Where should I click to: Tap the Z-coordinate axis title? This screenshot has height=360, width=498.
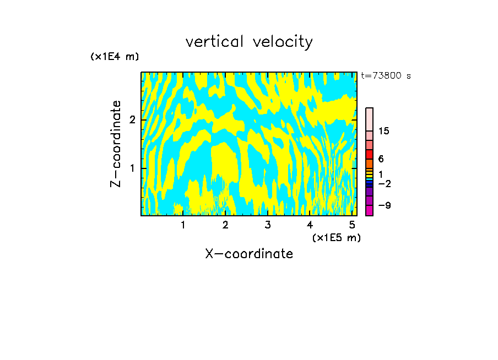click(116, 144)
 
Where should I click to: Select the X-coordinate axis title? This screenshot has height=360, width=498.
click(249, 254)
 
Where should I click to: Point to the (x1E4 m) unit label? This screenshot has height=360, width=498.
click(115, 56)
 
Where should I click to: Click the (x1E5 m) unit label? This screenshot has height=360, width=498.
click(336, 237)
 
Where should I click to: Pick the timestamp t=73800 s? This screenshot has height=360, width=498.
click(386, 76)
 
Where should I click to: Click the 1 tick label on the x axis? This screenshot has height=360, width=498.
click(183, 225)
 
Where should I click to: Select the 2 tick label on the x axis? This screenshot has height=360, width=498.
click(225, 225)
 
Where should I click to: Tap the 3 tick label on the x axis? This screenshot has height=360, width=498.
click(268, 225)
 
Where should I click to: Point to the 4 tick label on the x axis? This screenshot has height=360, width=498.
click(310, 225)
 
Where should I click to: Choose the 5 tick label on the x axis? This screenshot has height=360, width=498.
click(352, 225)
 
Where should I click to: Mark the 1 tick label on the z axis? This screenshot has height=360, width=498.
click(132, 168)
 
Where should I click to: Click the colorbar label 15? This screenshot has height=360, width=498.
click(384, 131)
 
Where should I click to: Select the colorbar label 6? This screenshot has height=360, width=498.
click(381, 159)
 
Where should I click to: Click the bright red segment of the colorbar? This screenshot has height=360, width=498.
click(369, 154)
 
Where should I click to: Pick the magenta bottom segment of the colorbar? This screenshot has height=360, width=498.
click(369, 210)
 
